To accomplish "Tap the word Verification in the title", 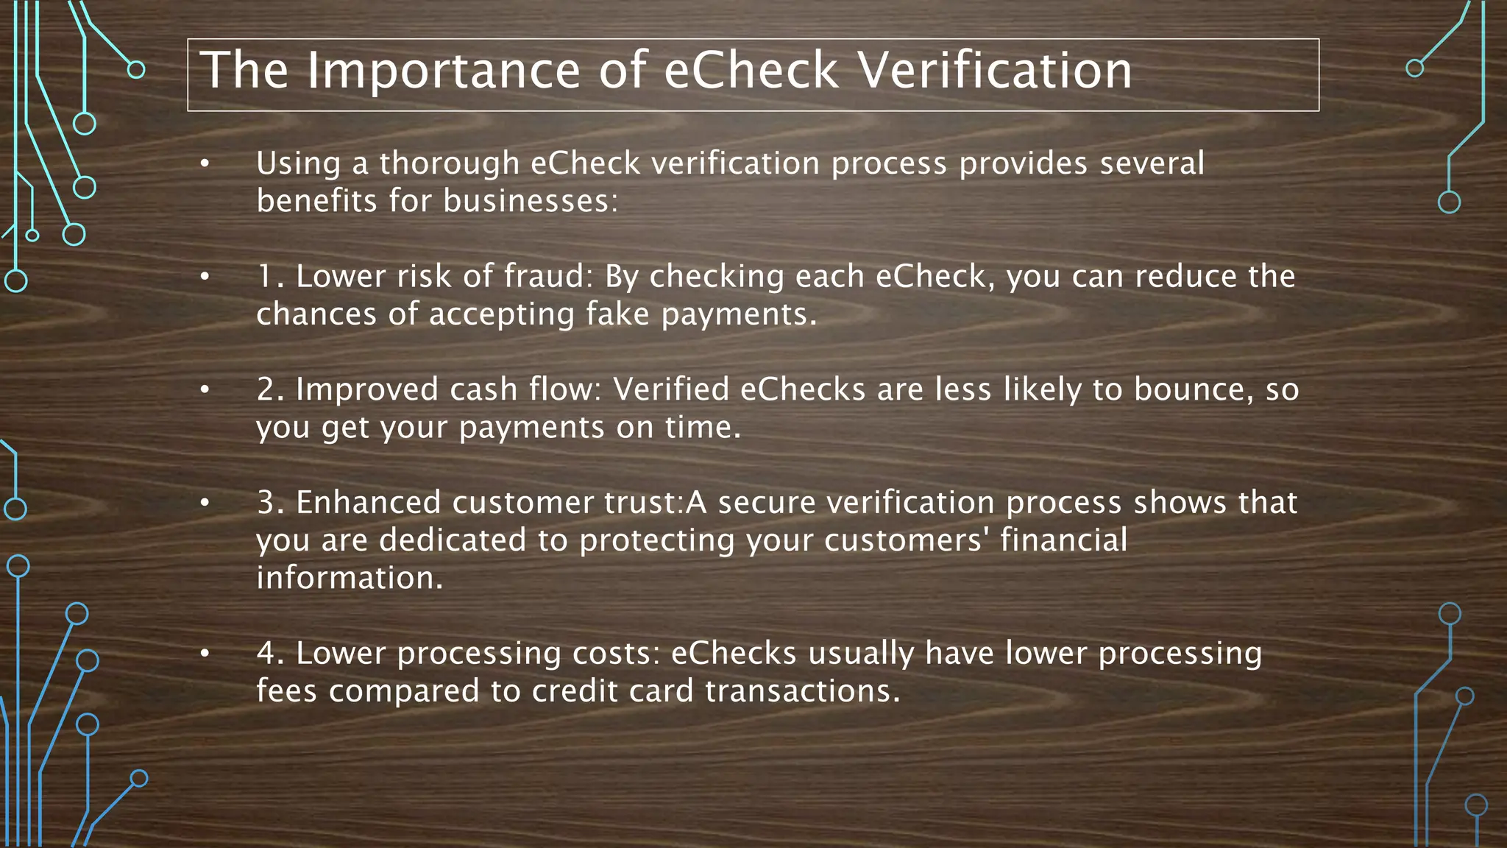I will click(x=995, y=71).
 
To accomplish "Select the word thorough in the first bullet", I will click(x=450, y=163).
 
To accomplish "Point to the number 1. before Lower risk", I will click(x=269, y=277).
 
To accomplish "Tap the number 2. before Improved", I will click(x=270, y=389).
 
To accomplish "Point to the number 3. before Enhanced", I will click(x=270, y=503).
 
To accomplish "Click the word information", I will click(x=350, y=578).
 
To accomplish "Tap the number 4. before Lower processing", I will click(x=270, y=654).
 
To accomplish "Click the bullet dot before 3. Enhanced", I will click(x=205, y=503).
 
